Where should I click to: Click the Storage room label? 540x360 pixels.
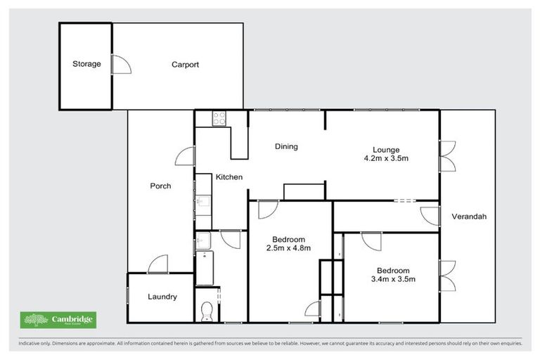[x=86, y=64]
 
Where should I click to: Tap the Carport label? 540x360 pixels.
[x=185, y=65]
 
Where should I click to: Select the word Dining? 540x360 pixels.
[x=286, y=147]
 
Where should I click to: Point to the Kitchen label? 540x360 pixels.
[x=229, y=177]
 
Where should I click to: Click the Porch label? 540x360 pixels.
[x=160, y=186]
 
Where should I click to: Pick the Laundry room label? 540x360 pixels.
[x=162, y=297]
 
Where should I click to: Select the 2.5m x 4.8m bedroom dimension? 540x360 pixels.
[x=288, y=247]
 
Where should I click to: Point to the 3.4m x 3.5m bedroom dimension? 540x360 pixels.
[x=392, y=279]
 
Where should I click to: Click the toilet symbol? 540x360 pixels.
[x=207, y=311]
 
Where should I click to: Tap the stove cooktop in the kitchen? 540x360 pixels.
[x=219, y=118]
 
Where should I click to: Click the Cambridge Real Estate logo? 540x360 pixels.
[x=58, y=320]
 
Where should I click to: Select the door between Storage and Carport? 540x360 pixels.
[x=122, y=64]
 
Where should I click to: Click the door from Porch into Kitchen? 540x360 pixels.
[x=186, y=156]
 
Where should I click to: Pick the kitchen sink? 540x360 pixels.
[x=202, y=204]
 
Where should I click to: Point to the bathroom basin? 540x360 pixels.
[x=202, y=239]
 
